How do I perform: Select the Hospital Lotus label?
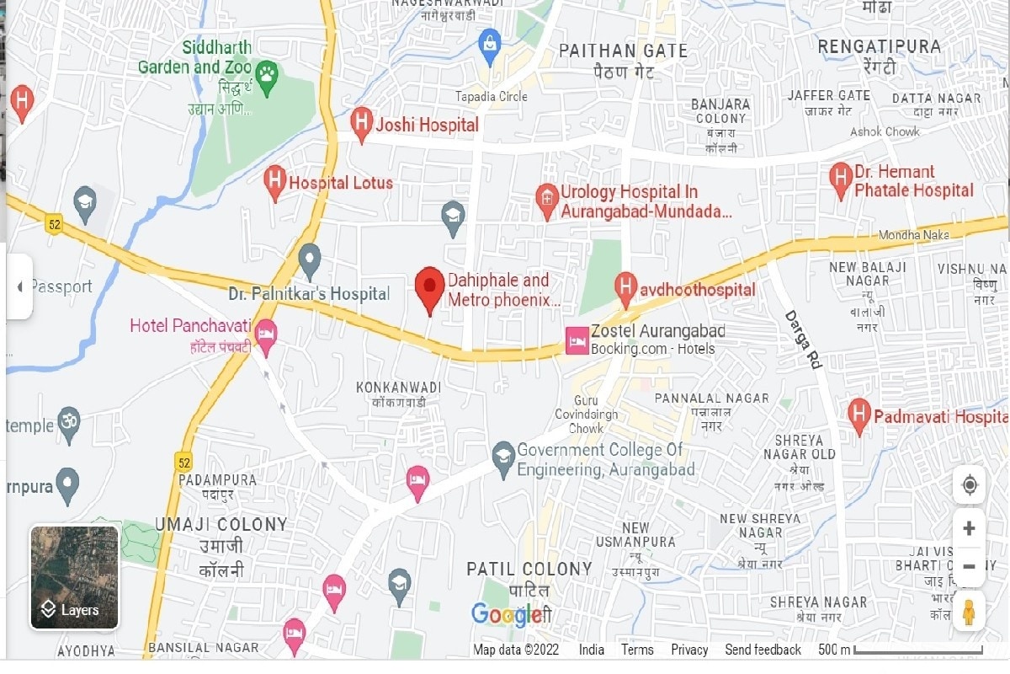341,182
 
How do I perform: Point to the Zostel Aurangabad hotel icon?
577,341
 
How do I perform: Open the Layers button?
75,578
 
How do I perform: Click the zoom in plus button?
970,529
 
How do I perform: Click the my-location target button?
970,485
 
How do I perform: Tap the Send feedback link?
763,650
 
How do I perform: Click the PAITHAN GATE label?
623,51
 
